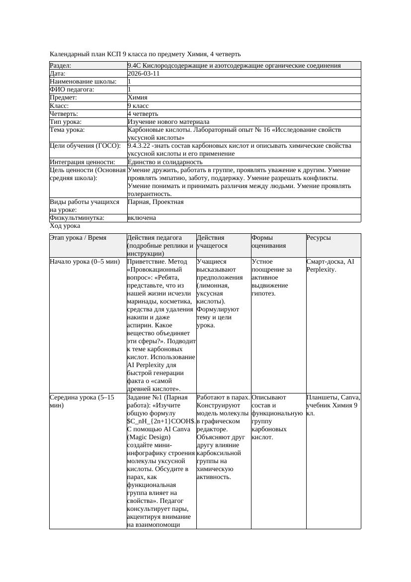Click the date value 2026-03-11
(x=144, y=74)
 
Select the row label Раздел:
(x=61, y=66)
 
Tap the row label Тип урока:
(x=66, y=122)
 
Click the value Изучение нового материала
(x=168, y=122)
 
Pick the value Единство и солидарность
(x=165, y=162)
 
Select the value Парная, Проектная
(x=156, y=202)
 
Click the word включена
(x=142, y=218)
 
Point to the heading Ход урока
(x=65, y=226)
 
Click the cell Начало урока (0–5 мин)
(x=85, y=261)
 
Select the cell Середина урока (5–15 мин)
(x=82, y=401)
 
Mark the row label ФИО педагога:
(x=72, y=90)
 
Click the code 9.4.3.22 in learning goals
(x=141, y=146)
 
